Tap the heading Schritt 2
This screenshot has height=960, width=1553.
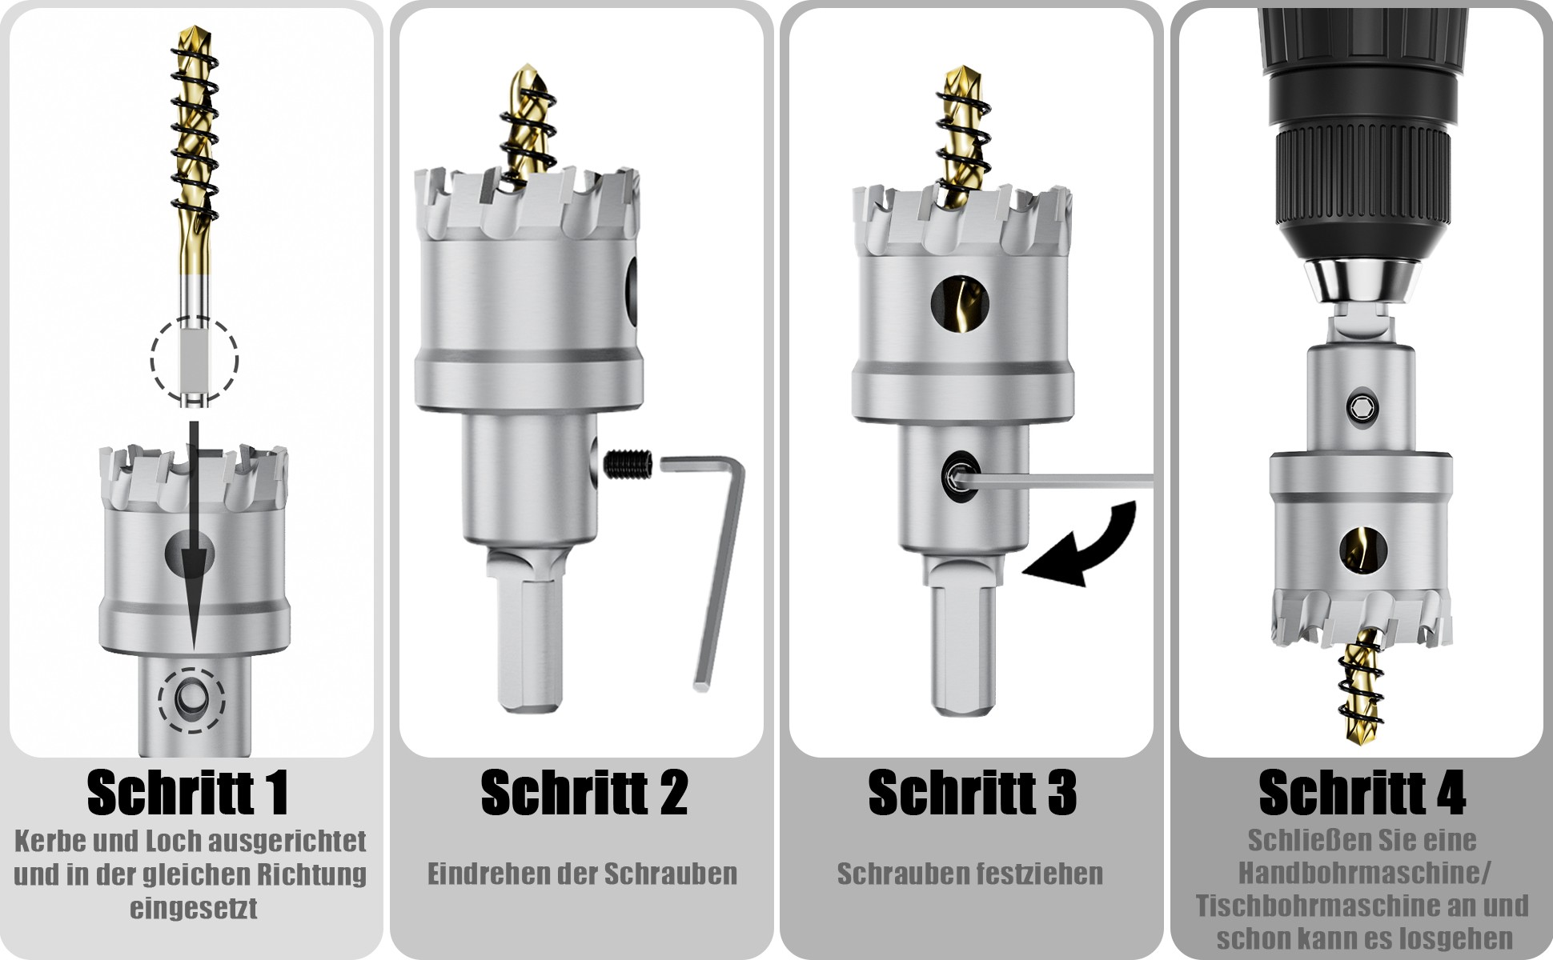(x=584, y=792)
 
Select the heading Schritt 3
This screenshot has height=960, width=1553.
(x=973, y=792)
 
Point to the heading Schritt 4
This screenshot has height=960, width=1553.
(x=1362, y=792)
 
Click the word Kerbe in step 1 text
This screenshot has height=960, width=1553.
(x=50, y=841)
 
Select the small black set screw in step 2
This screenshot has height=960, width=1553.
(x=629, y=464)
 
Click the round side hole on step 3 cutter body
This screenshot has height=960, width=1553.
(x=960, y=305)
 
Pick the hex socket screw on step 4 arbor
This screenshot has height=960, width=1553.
(x=1362, y=406)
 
